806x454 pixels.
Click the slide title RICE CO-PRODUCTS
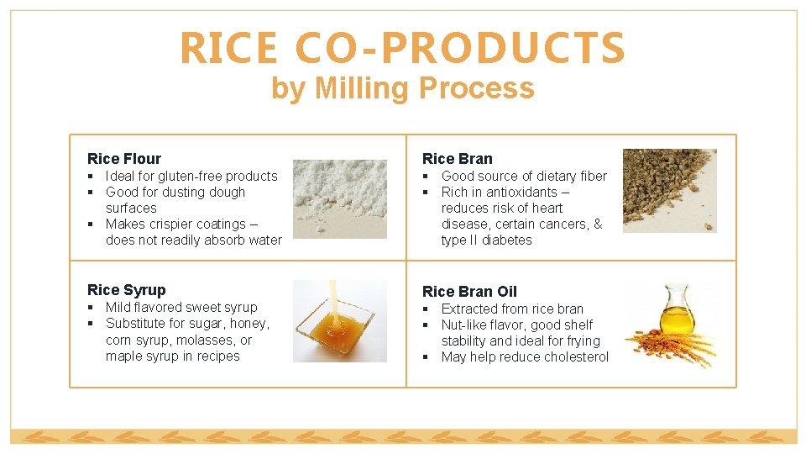point(402,48)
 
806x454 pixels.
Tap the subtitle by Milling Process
point(402,87)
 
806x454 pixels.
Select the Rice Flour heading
point(124,158)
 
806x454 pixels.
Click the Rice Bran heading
point(458,158)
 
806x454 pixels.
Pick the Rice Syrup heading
point(127,290)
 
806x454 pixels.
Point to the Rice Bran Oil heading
point(469,292)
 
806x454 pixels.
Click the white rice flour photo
point(339,198)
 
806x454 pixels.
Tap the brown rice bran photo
point(669,191)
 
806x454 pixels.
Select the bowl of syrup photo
point(339,321)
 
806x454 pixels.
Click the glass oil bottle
point(676,311)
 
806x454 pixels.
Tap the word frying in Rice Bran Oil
point(583,341)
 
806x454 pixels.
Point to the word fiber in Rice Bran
point(593,176)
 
